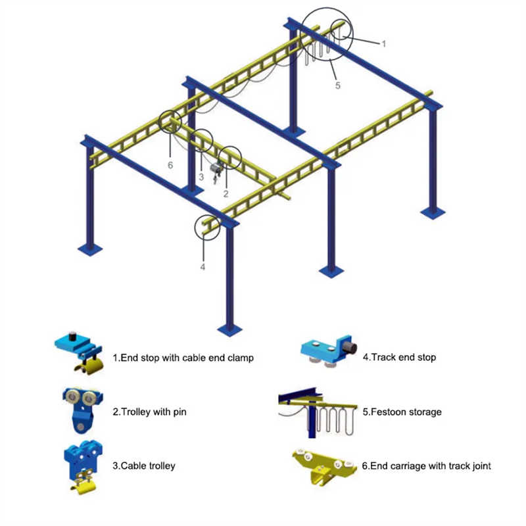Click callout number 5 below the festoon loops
[338, 85]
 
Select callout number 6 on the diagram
[170, 165]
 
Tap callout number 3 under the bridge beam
[201, 177]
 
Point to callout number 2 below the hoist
[226, 193]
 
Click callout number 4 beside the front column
[203, 267]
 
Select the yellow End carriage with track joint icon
[323, 466]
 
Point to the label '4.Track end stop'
[398, 358]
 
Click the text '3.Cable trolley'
[143, 466]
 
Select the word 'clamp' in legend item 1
[240, 358]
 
